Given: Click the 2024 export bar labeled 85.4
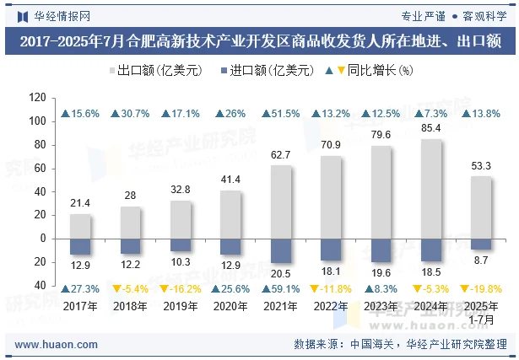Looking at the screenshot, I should pyautogui.click(x=430, y=189).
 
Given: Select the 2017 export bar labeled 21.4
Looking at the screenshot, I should pyautogui.click(x=80, y=226).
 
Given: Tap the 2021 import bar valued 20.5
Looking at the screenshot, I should pyautogui.click(x=281, y=250).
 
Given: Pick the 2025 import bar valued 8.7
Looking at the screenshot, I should pyautogui.click(x=480, y=244).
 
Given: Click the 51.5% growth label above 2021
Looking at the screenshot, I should pyautogui.click(x=281, y=114).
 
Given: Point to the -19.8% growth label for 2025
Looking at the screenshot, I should pyautogui.click(x=480, y=288).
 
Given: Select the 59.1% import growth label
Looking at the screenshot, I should pyautogui.click(x=281, y=288).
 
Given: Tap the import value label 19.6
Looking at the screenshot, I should pyautogui.click(x=381, y=272).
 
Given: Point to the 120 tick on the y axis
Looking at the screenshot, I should pyautogui.click(x=36, y=98).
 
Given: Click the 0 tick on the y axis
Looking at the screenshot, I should pyautogui.click(x=41, y=239).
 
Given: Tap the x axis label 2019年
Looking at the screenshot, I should pyautogui.click(x=180, y=306).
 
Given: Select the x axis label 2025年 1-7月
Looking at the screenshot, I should pyautogui.click(x=480, y=312).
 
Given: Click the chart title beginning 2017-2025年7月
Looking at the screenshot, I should pyautogui.click(x=259, y=40).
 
